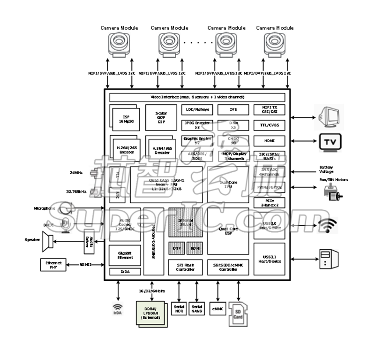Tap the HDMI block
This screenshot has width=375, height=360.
coord(270,140)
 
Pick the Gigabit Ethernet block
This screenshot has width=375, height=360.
coord(125,255)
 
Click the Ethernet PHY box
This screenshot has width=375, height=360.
coord(53,265)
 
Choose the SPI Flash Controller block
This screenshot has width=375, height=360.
coord(186,268)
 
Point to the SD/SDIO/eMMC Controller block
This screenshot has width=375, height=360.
coord(228,268)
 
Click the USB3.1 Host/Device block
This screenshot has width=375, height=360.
coord(270,258)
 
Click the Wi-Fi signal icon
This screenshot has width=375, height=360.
coord(327,226)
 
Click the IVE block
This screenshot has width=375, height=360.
coord(233,110)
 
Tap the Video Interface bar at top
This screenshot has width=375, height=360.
coord(197,97)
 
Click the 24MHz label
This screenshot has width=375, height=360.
coord(76,173)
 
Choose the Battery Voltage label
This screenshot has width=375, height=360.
coord(327,169)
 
